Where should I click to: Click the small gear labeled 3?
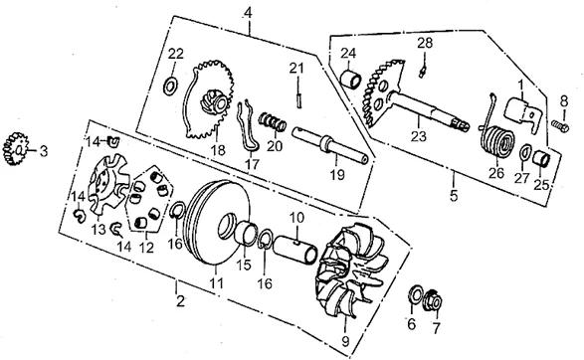point(14,149)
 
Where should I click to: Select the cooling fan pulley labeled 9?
point(346,271)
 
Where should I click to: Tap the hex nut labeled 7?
point(434,300)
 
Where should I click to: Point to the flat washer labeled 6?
point(415,294)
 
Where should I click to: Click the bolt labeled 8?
point(560,126)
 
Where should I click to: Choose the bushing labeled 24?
point(351,79)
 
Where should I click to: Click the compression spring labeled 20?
point(273,121)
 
